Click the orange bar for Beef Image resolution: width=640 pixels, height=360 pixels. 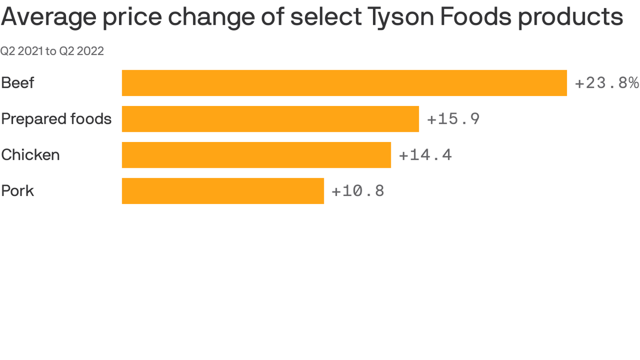[344, 83]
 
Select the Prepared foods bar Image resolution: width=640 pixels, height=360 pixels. [270, 119]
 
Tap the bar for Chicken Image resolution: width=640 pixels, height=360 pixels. [256, 155]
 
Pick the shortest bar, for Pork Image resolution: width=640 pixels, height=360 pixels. [223, 191]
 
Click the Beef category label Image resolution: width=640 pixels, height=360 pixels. [18, 83]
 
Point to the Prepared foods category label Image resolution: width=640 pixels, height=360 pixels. [56, 119]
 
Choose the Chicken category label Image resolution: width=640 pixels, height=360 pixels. [30, 155]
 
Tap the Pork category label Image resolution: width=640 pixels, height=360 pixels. [18, 191]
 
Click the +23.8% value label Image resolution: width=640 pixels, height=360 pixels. [606, 83]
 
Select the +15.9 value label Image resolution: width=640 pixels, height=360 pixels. [453, 119]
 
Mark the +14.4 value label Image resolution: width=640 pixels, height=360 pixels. [425, 155]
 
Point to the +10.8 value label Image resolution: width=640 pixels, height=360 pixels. [358, 191]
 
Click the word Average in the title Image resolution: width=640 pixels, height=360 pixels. [48, 17]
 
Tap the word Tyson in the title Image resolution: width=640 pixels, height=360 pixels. [400, 17]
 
